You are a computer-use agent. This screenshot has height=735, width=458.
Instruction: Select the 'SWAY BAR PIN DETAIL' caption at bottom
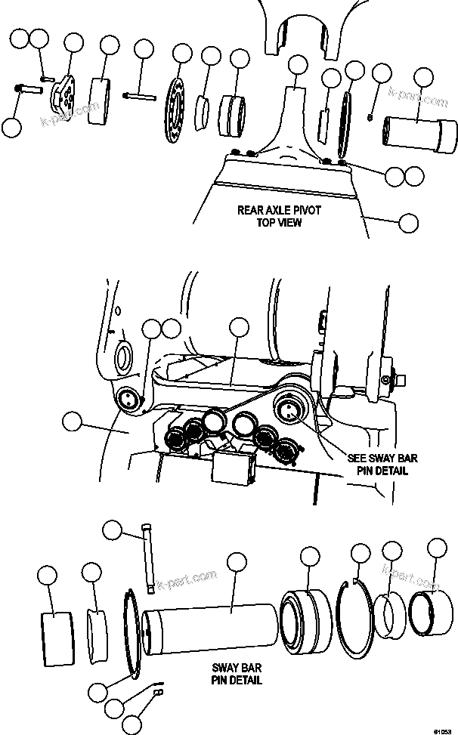pyautogui.click(x=237, y=675)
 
